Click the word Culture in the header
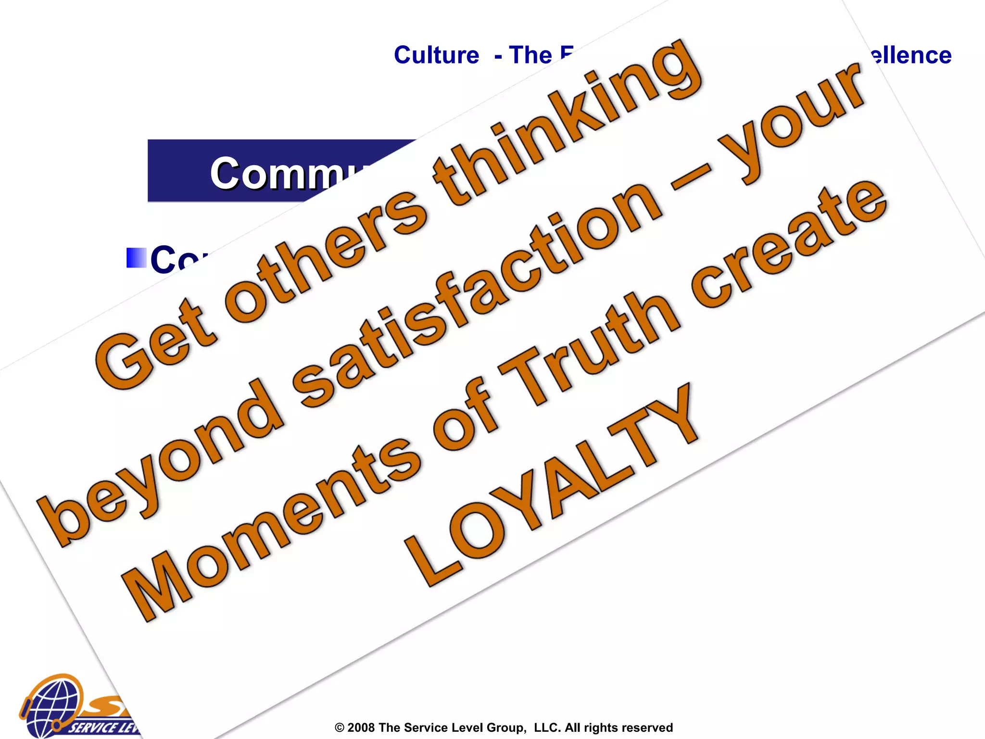point(436,55)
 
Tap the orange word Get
point(156,344)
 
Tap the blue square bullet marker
point(136,258)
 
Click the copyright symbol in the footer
point(340,727)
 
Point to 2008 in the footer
point(361,727)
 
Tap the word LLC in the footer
point(547,727)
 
